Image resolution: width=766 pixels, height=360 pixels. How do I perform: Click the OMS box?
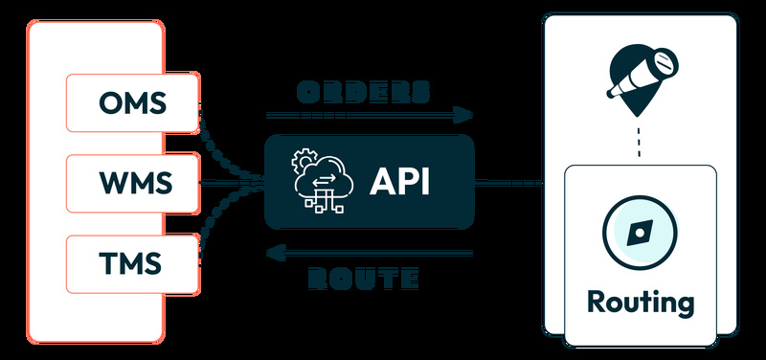(131, 101)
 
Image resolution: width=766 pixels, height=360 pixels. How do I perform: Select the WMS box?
(131, 182)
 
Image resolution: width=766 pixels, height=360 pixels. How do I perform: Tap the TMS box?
(131, 261)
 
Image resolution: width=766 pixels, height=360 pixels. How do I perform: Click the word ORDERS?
(363, 92)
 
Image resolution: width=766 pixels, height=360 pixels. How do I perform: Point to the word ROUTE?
(364, 280)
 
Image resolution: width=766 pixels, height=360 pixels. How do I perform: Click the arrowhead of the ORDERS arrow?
(464, 115)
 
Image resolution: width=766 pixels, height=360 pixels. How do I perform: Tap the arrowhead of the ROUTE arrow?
(275, 254)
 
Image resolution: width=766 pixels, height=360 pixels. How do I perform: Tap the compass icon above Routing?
(639, 232)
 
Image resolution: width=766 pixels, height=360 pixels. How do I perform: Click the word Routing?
(640, 303)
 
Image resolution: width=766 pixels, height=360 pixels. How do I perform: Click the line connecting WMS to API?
(230, 182)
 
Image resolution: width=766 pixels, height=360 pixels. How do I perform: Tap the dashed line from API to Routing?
(517, 182)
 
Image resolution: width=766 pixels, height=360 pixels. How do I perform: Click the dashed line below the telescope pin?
(639, 144)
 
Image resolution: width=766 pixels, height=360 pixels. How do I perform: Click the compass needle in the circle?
(639, 233)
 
